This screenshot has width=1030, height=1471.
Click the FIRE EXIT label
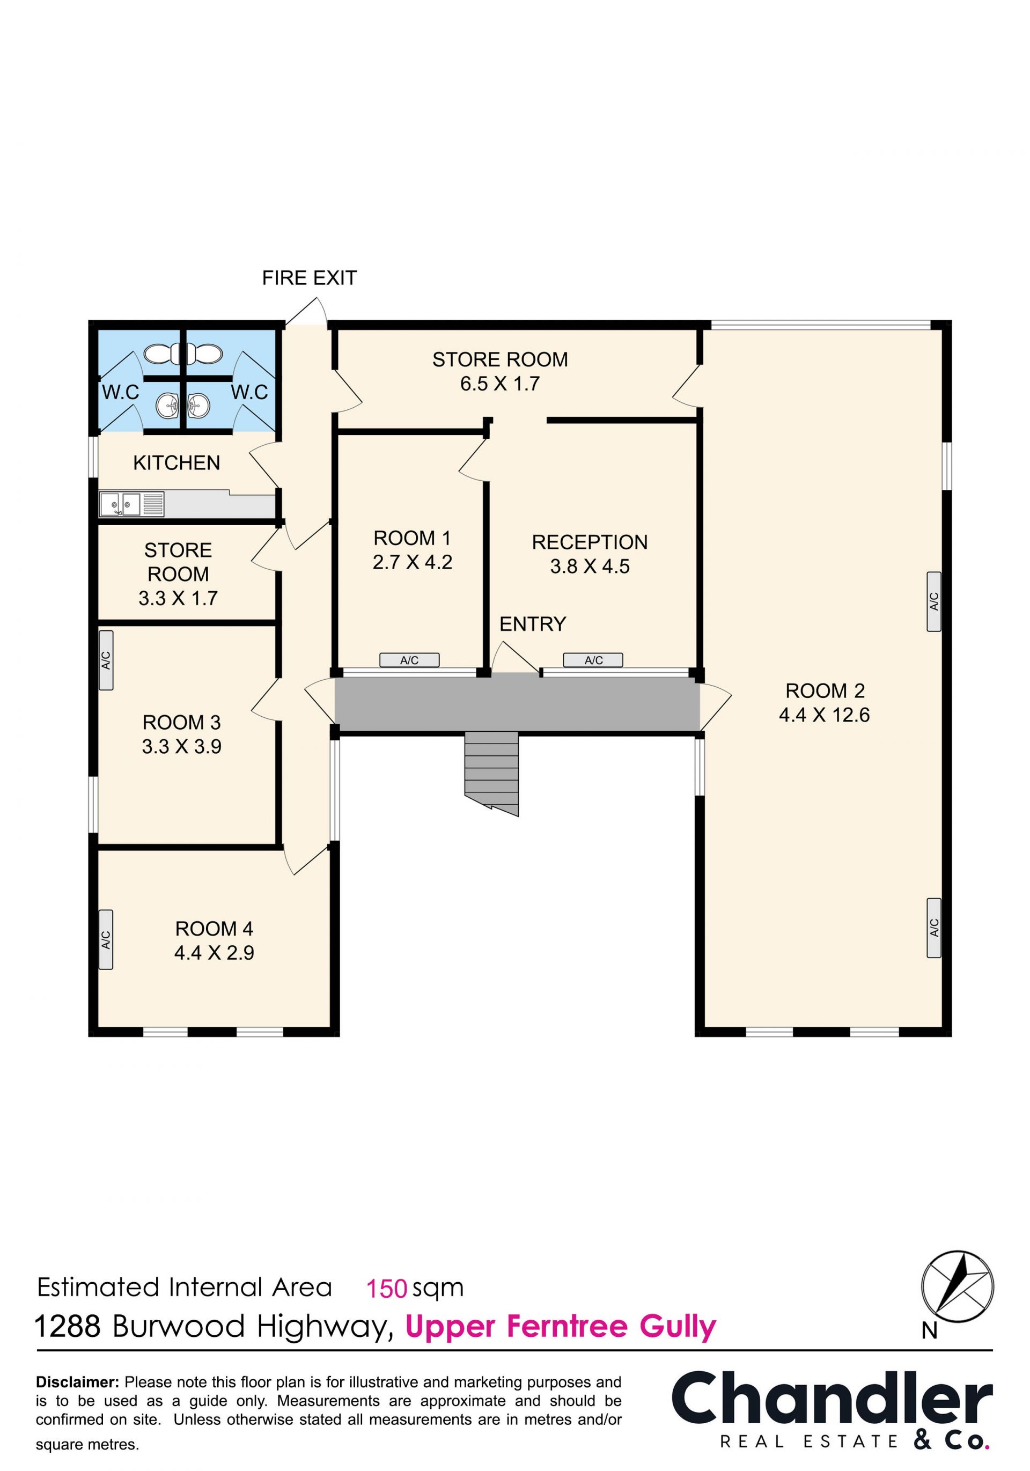[x=310, y=278]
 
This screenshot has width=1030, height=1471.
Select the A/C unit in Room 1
[x=409, y=660]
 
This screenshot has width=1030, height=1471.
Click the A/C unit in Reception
[x=593, y=660]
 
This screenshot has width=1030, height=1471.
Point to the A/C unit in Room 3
[x=106, y=660]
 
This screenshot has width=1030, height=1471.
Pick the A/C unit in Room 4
[x=106, y=939]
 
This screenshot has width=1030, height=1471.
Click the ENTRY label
[x=533, y=624]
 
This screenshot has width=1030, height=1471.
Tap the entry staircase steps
[x=491, y=773]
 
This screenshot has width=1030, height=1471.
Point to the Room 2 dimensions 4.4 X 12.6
[x=825, y=715]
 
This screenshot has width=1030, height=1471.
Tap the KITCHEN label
[x=177, y=462]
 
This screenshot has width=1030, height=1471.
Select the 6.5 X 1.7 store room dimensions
[x=501, y=384]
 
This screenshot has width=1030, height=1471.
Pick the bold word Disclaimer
[x=77, y=1382]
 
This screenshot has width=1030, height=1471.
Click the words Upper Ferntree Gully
[x=561, y=1326]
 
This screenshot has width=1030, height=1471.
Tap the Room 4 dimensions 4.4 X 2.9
[x=214, y=953]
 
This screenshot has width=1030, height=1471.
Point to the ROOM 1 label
[x=413, y=538]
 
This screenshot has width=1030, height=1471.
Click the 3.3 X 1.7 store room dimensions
[x=179, y=598]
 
